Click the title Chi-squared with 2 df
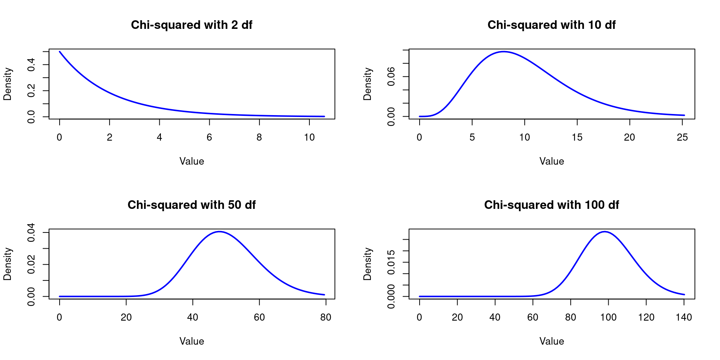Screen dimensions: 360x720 pyautogui.click(x=191, y=25)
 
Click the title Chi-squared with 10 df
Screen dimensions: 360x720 pyautogui.click(x=551, y=25)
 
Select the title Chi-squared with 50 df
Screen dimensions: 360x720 pyautogui.click(x=191, y=205)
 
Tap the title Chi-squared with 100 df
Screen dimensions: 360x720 pyautogui.click(x=551, y=205)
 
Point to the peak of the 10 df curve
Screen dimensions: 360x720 pyautogui.click(x=504, y=51)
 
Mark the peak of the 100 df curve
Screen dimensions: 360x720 pyautogui.click(x=604, y=231)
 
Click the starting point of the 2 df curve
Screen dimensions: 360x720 pyautogui.click(x=60, y=51)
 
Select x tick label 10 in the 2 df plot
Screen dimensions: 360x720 pyautogui.click(x=309, y=138)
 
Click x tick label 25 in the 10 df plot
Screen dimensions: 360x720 pyautogui.click(x=682, y=138)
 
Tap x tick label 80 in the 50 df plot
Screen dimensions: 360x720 pyautogui.click(x=325, y=318)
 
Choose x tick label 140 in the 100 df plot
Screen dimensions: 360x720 pyautogui.click(x=684, y=318)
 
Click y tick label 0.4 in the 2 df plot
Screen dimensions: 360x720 pyautogui.click(x=31, y=64)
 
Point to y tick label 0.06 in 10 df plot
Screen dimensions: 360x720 pyautogui.click(x=391, y=76)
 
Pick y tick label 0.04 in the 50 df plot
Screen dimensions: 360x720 pyautogui.click(x=31, y=232)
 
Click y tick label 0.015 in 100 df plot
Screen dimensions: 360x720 pyautogui.click(x=391, y=262)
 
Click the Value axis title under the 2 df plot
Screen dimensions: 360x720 pyautogui.click(x=191, y=162)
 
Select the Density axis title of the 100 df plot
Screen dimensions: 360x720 pyautogui.click(x=367, y=264)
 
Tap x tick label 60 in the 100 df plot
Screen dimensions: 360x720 pyautogui.click(x=532, y=318)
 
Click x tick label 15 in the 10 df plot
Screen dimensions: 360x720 pyautogui.click(x=577, y=138)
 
